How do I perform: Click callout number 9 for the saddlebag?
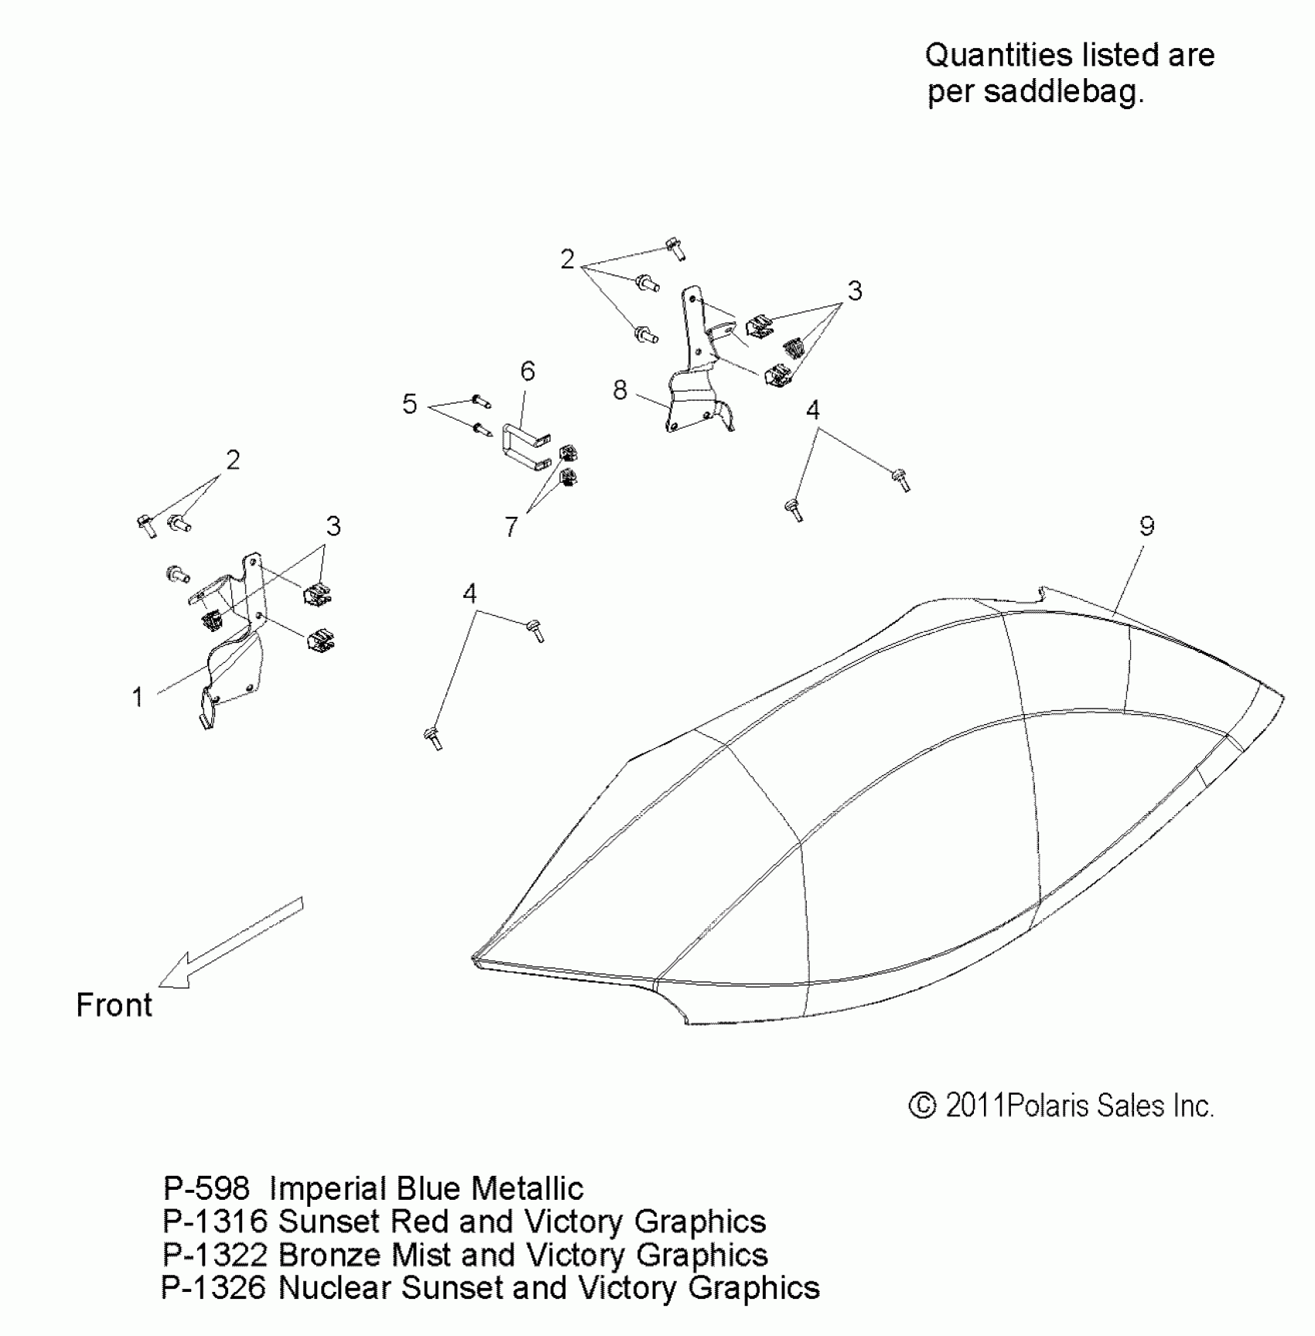pyautogui.click(x=1146, y=527)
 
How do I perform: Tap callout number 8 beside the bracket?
pyautogui.click(x=620, y=391)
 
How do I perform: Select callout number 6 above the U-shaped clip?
pyautogui.click(x=528, y=372)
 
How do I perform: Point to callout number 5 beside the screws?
pyautogui.click(x=410, y=404)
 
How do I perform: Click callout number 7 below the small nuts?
pyautogui.click(x=511, y=528)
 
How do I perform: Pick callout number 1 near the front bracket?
pyautogui.click(x=138, y=697)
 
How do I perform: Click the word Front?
pyautogui.click(x=114, y=1006)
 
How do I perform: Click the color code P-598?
pyautogui.click(x=207, y=1188)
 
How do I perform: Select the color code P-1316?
pyautogui.click(x=214, y=1222)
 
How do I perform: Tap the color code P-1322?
pyautogui.click(x=214, y=1255)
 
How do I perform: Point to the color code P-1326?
pyautogui.click(x=213, y=1288)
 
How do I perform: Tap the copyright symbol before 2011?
pyautogui.click(x=922, y=1105)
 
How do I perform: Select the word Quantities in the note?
pyautogui.click(x=999, y=56)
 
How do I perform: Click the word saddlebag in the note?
pyautogui.click(x=1064, y=92)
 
